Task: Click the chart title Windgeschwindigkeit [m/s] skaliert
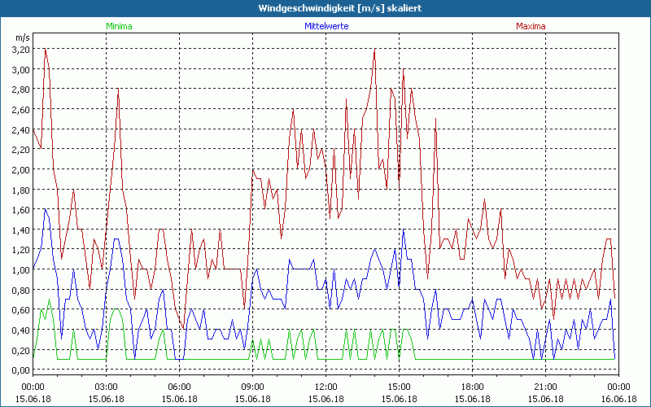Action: pyautogui.click(x=325, y=8)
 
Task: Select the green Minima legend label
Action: pyautogui.click(x=119, y=26)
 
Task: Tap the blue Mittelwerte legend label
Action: pyautogui.click(x=325, y=26)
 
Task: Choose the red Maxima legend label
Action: pyautogui.click(x=531, y=26)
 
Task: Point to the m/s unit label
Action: pyautogui.click(x=22, y=37)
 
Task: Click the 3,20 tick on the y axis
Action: pyautogui.click(x=20, y=49)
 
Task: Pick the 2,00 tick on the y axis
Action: pyautogui.click(x=20, y=169)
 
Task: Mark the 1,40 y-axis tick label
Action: pyautogui.click(x=20, y=230)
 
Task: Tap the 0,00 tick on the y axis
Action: pyautogui.click(x=20, y=370)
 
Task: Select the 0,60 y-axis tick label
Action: pyautogui.click(x=20, y=309)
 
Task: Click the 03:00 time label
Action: pyautogui.click(x=106, y=387)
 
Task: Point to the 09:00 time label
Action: pyautogui.click(x=252, y=387)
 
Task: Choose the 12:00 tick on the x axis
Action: pyautogui.click(x=325, y=387)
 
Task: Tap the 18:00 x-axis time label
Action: pyautogui.click(x=472, y=387)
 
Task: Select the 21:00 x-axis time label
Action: pyautogui.click(x=545, y=387)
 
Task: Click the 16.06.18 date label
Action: pyautogui.click(x=618, y=399)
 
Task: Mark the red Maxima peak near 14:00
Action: pyautogui.click(x=374, y=50)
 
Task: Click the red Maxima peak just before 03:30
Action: pyautogui.click(x=118, y=90)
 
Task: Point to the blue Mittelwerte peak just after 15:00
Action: pyautogui.click(x=404, y=230)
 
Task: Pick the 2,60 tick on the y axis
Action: pyautogui.click(x=20, y=109)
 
